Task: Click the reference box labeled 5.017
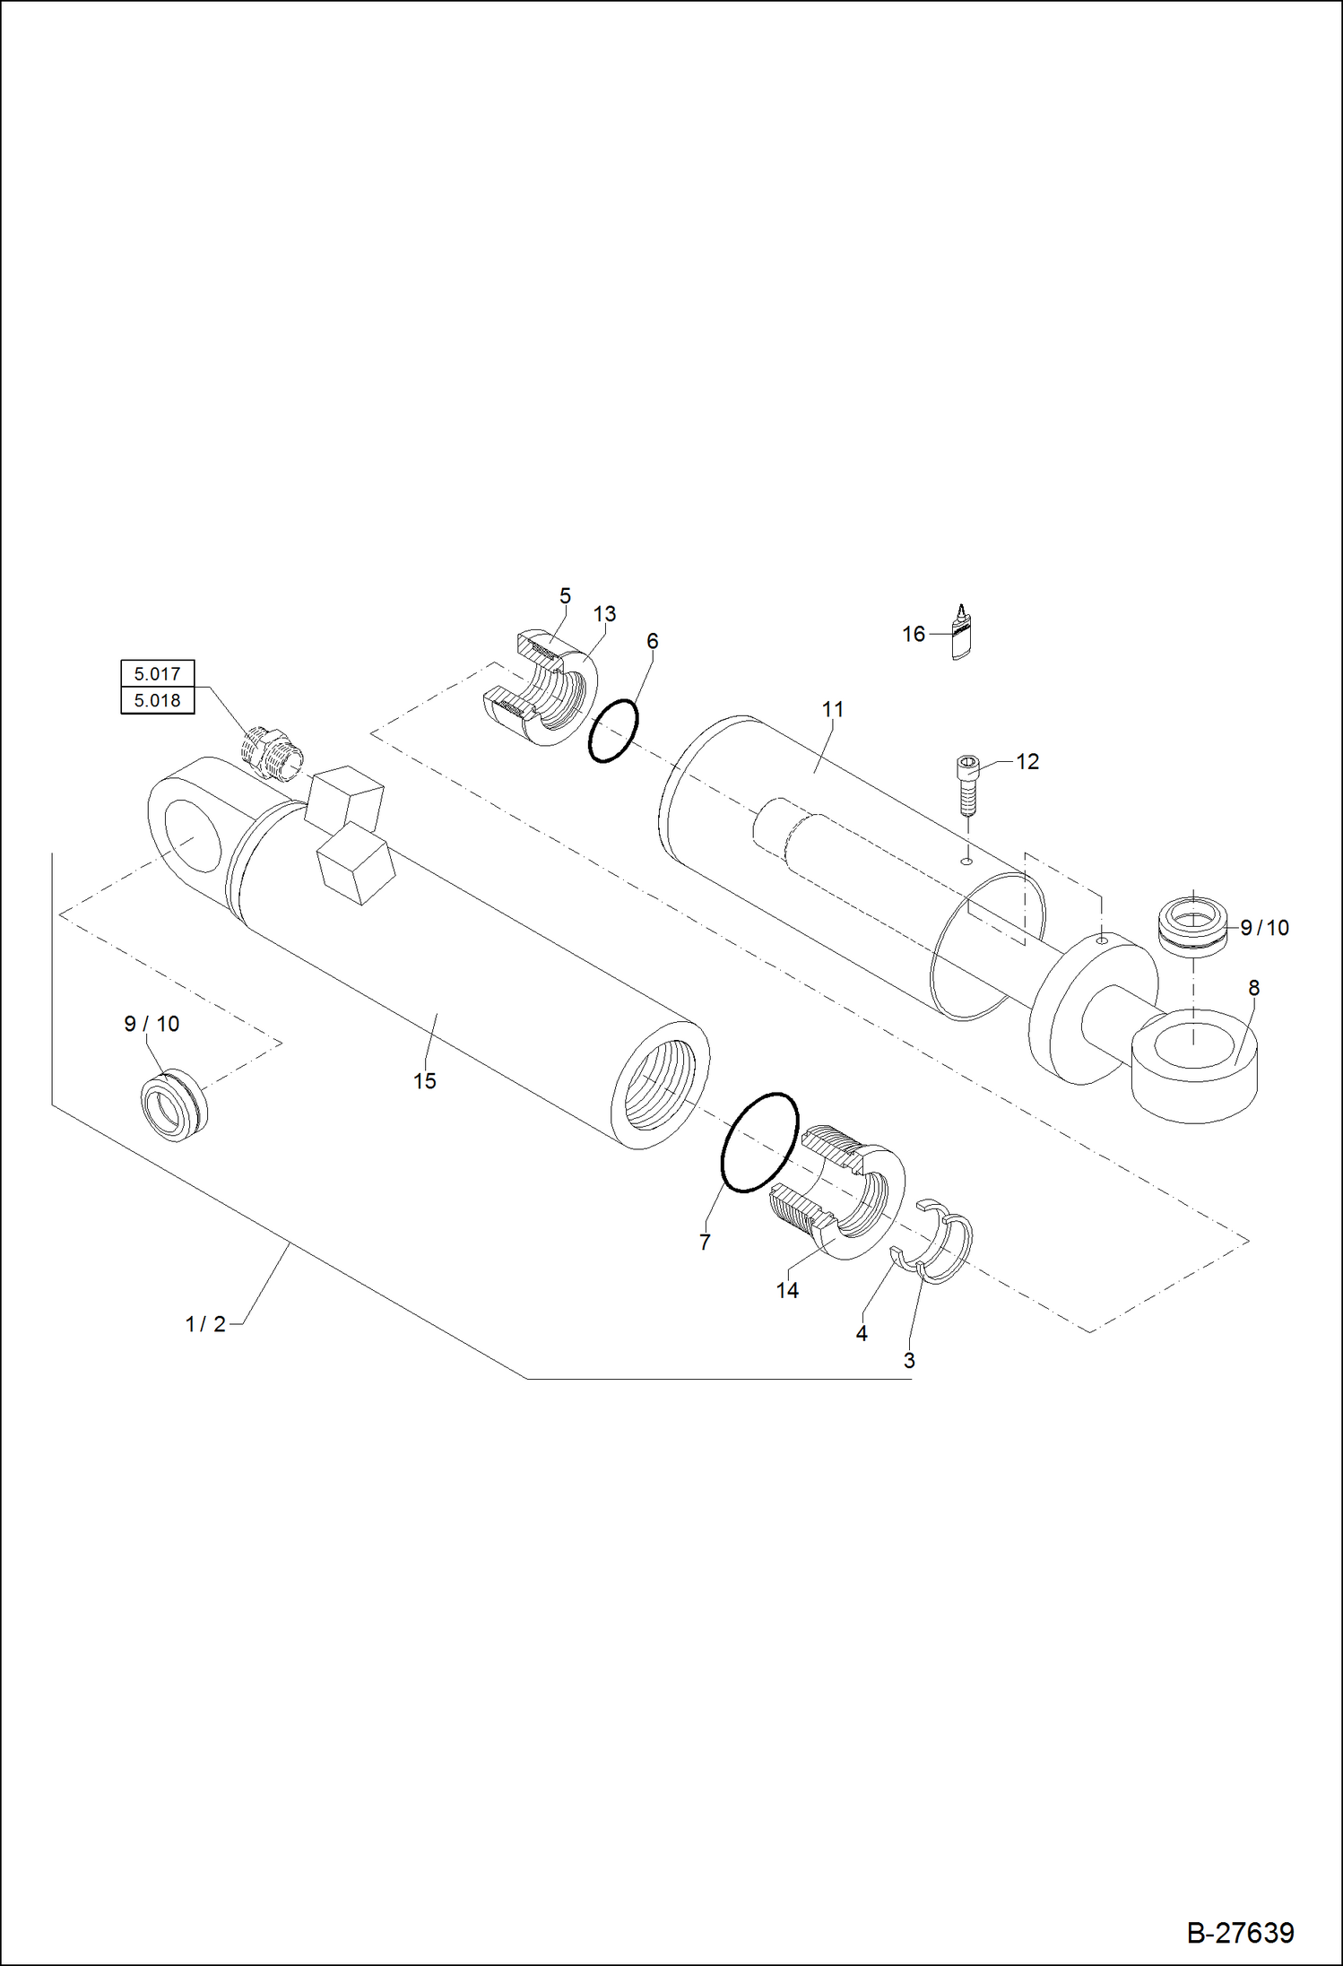[157, 673]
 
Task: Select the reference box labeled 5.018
[157, 700]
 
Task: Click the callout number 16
[913, 635]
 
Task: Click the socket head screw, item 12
[966, 784]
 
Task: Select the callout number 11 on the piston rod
[833, 709]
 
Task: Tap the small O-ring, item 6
[613, 732]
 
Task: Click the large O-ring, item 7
[759, 1142]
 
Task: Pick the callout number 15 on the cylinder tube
[424, 1081]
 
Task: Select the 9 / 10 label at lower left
[152, 1024]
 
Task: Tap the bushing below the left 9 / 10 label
[174, 1105]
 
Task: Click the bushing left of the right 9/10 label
[1192, 923]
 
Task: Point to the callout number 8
[1253, 988]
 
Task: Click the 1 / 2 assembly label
[205, 1324]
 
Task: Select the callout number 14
[787, 1290]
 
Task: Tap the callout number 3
[908, 1360]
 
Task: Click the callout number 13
[604, 614]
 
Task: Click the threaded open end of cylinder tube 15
[661, 1087]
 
